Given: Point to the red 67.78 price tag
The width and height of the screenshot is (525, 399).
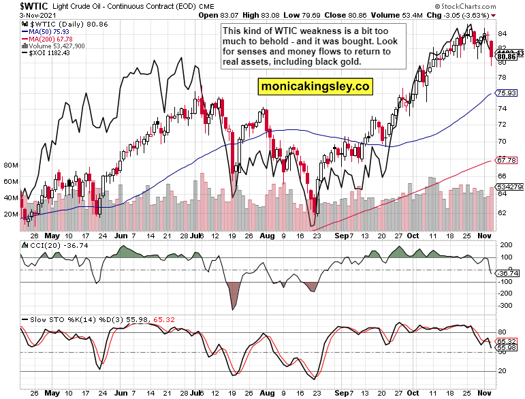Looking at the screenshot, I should pyautogui.click(x=507, y=161).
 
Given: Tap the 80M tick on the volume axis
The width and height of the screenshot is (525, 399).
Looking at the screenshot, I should pyautogui.click(x=11, y=165).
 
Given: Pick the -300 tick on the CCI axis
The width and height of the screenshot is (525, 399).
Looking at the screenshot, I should pyautogui.click(x=507, y=305).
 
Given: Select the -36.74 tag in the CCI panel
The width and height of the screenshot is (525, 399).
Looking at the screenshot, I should pyautogui.click(x=507, y=273).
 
